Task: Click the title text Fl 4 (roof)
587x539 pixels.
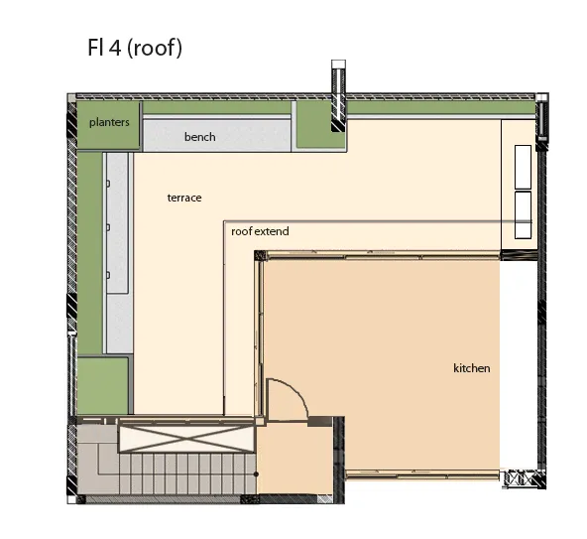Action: (x=135, y=48)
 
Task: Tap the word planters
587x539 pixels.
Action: (x=109, y=122)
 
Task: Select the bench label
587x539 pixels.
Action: (x=200, y=137)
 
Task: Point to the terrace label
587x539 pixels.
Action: (x=184, y=198)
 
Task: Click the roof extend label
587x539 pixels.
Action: (x=260, y=231)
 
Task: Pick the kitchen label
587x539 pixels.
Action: (x=472, y=368)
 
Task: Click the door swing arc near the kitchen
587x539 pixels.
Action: (x=296, y=390)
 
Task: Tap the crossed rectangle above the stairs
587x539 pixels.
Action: (x=186, y=439)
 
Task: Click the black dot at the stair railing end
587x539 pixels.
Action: (x=256, y=474)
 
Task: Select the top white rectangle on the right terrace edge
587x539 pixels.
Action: (x=523, y=167)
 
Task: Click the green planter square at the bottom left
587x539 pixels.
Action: (x=102, y=386)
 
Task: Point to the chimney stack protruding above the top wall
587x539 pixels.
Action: (x=338, y=95)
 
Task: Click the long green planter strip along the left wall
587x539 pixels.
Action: (x=90, y=253)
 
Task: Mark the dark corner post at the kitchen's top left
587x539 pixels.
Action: (x=260, y=256)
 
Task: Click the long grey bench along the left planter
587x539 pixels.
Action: (x=119, y=253)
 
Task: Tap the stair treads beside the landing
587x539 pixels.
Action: (x=187, y=473)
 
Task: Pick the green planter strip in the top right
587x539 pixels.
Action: (x=441, y=108)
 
